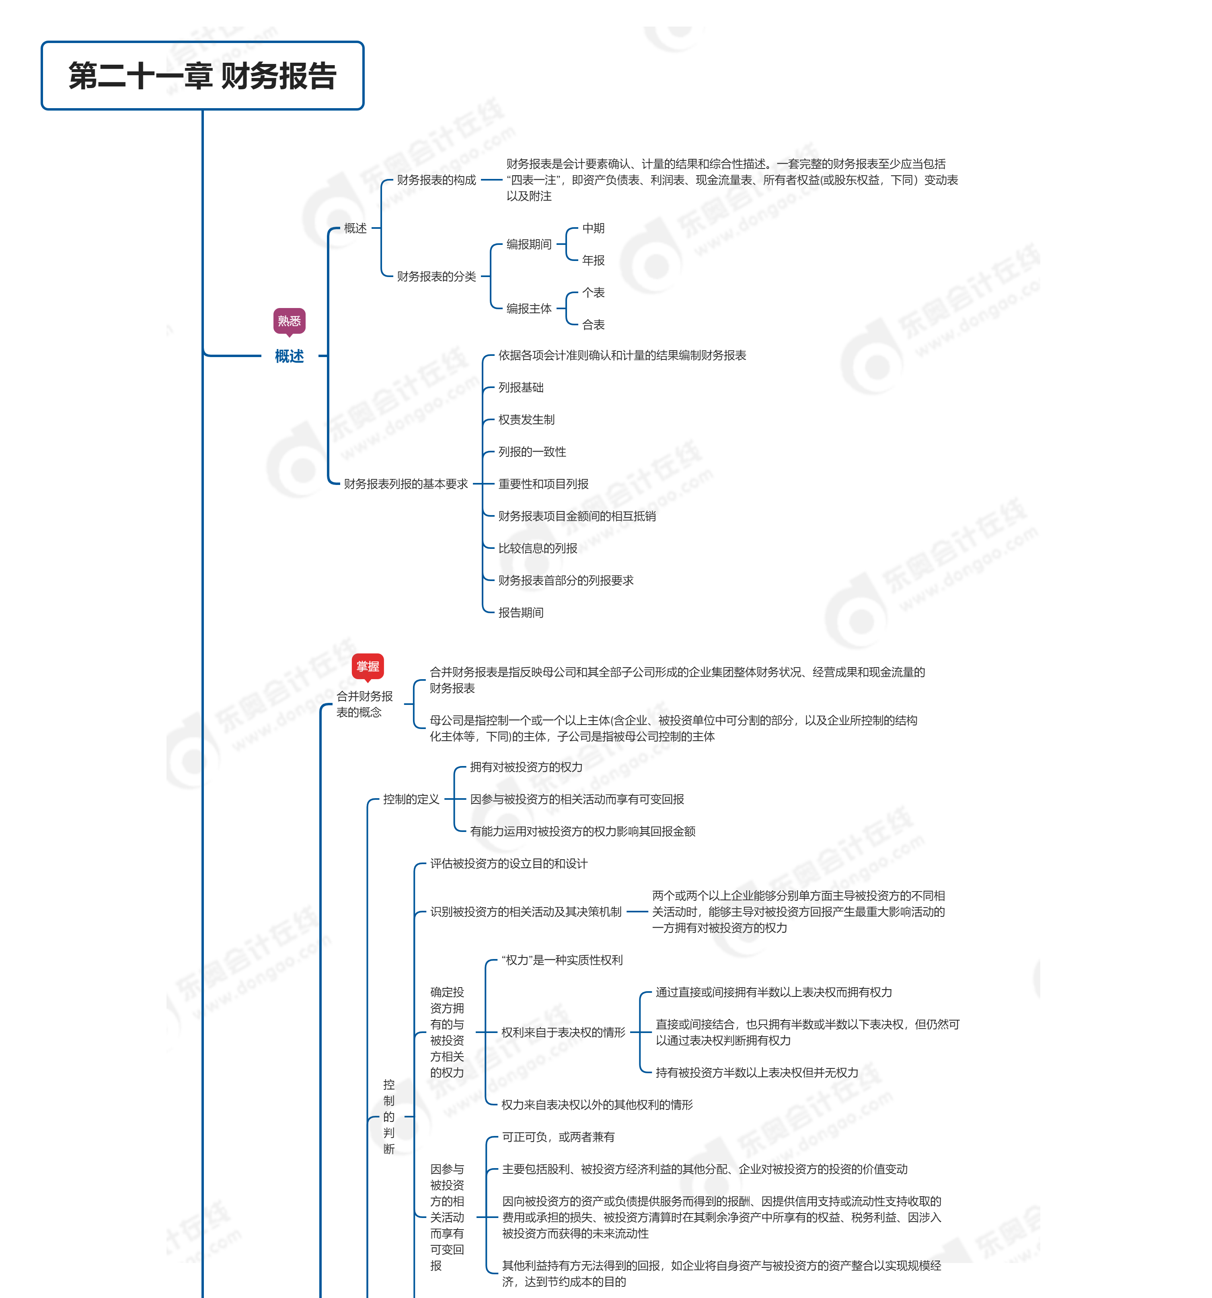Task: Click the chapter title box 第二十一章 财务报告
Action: pos(202,76)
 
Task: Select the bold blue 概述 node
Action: pos(289,356)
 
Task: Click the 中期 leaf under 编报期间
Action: pos(593,228)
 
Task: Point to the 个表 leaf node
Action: pos(593,292)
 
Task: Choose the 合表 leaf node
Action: pos(593,324)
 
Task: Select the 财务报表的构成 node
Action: pos(436,180)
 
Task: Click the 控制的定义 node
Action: pos(411,799)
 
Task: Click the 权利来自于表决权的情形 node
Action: pos(563,1032)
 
